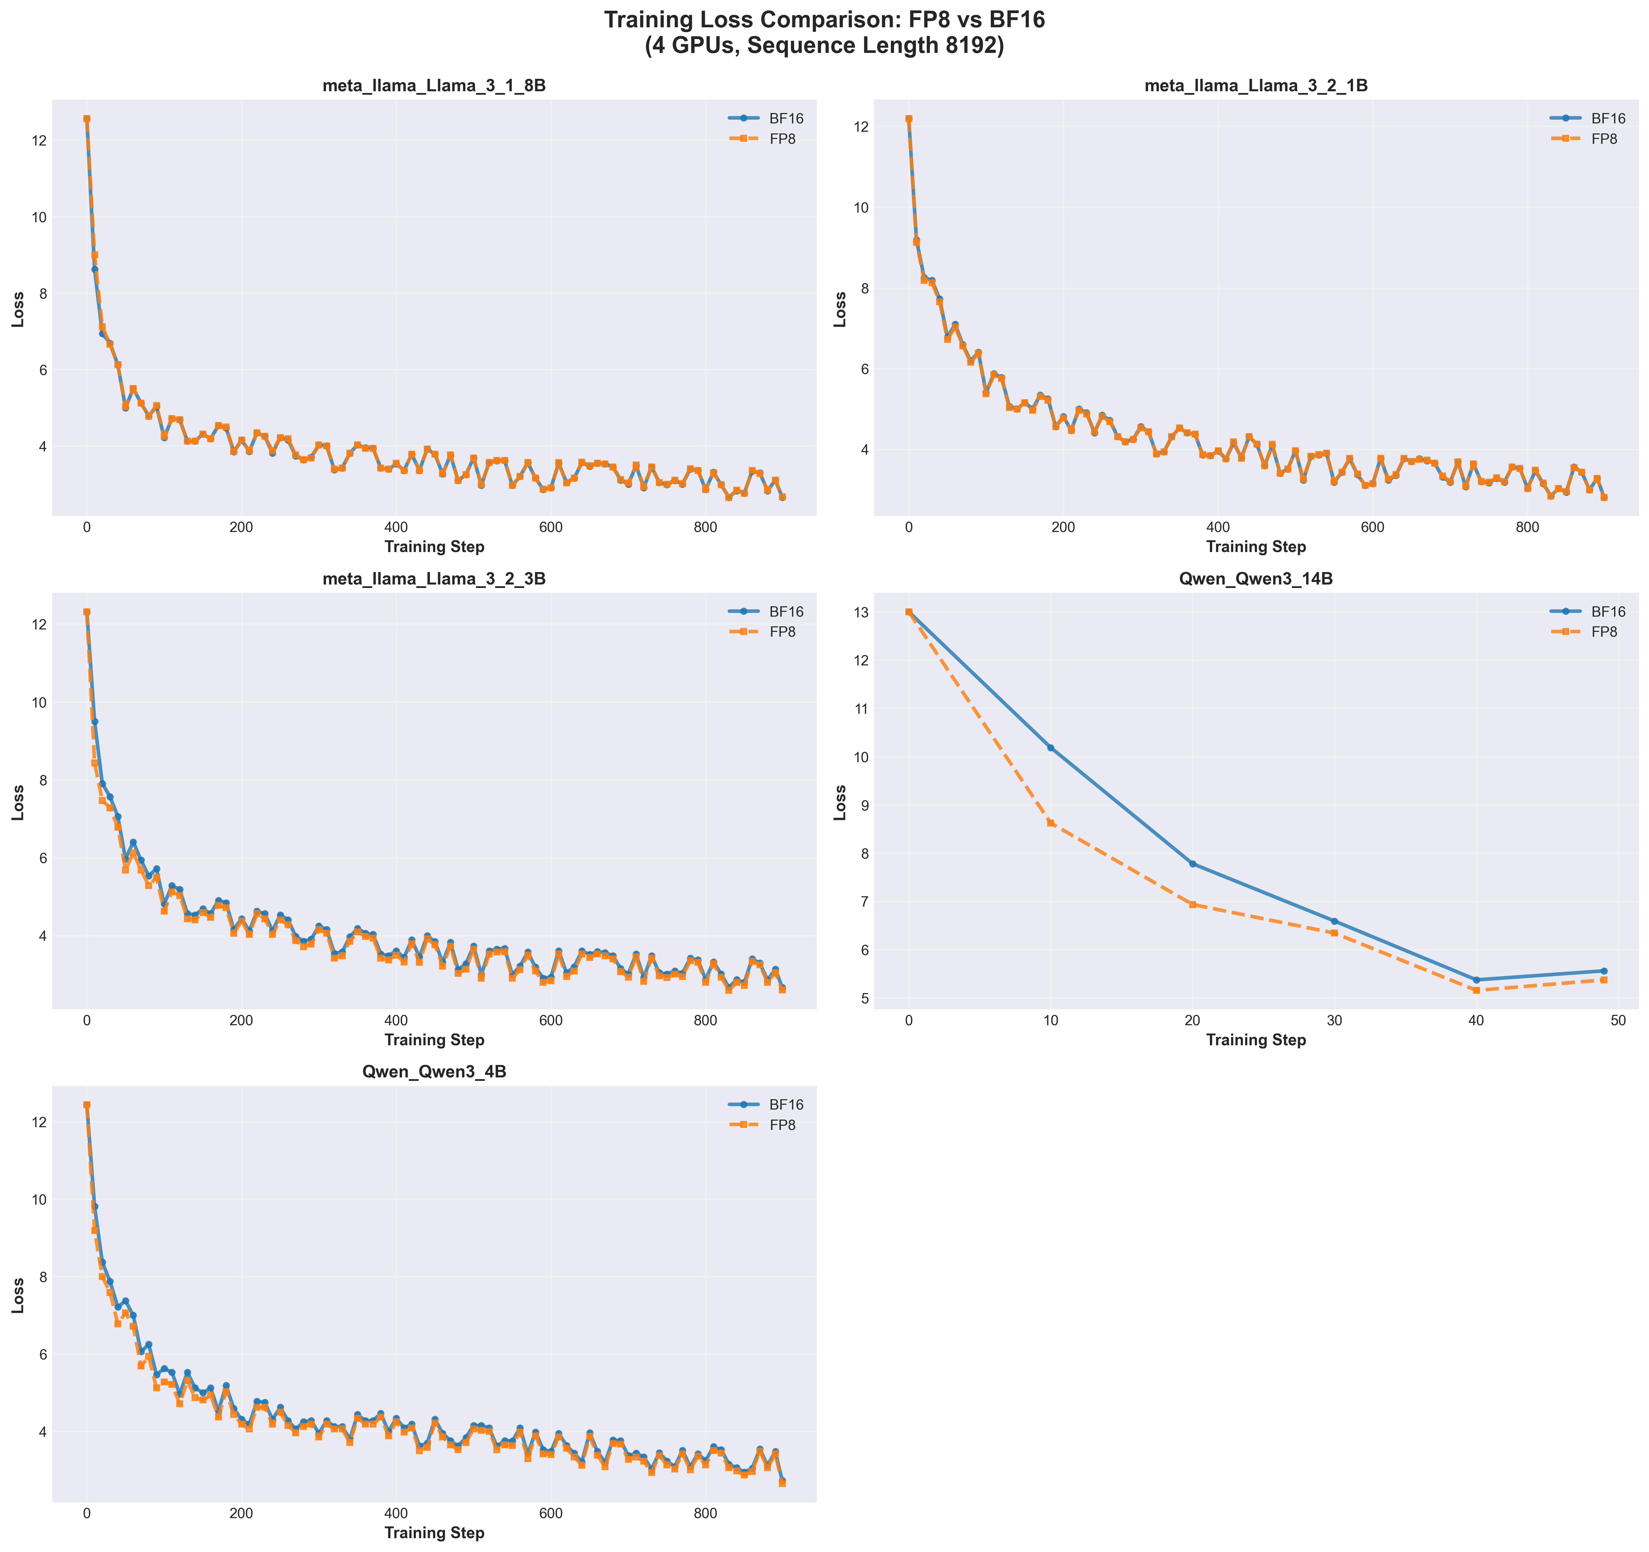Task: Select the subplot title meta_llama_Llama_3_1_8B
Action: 434,86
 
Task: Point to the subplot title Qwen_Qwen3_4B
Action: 434,1073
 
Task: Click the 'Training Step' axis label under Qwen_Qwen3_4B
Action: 434,1533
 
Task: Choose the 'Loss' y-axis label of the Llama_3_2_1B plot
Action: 840,309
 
